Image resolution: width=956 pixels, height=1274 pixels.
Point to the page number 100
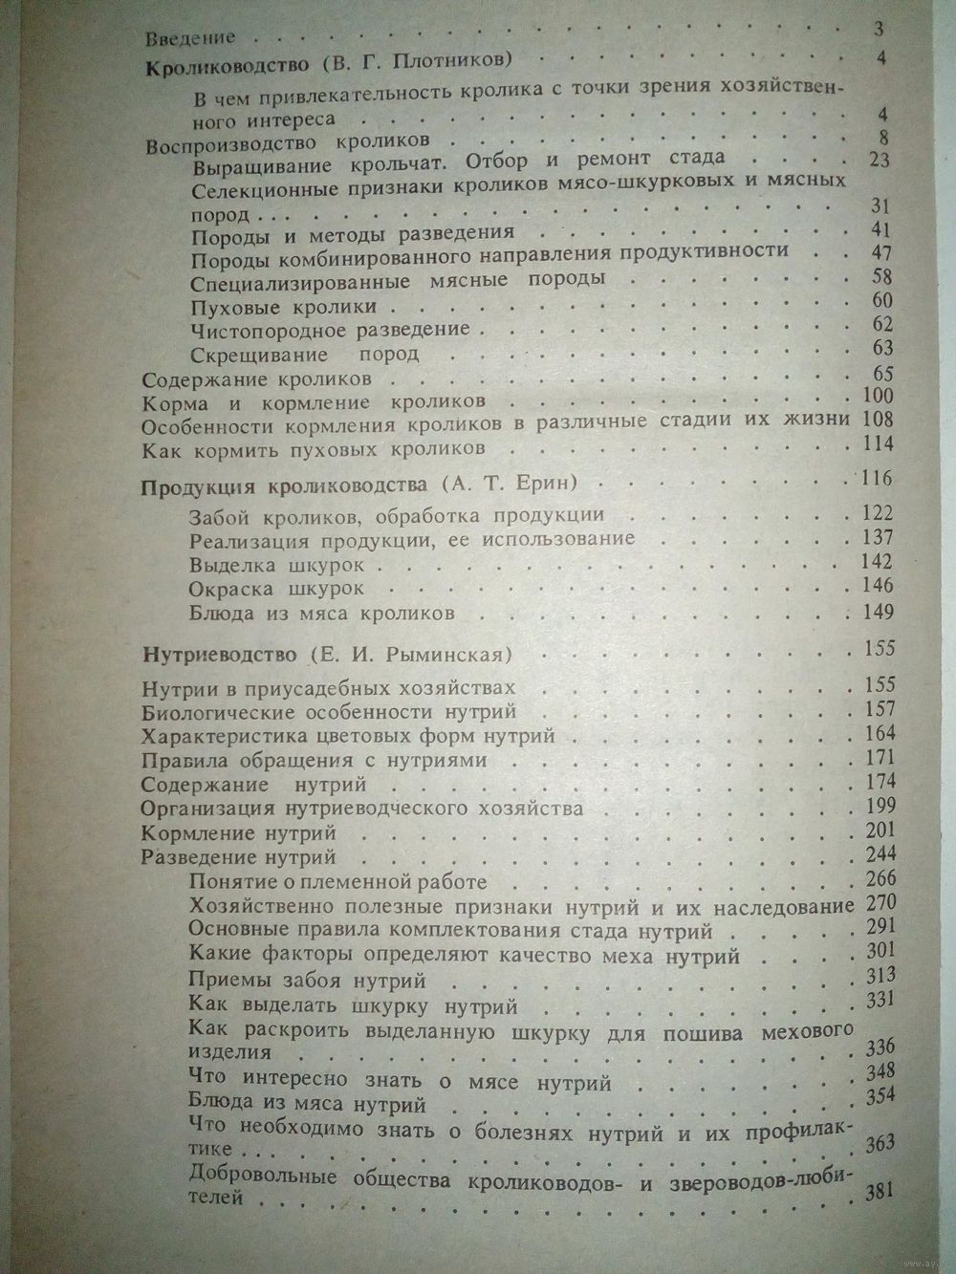[877, 397]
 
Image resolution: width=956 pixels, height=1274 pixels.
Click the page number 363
[878, 1146]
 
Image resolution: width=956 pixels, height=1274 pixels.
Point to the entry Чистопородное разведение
[330, 330]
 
